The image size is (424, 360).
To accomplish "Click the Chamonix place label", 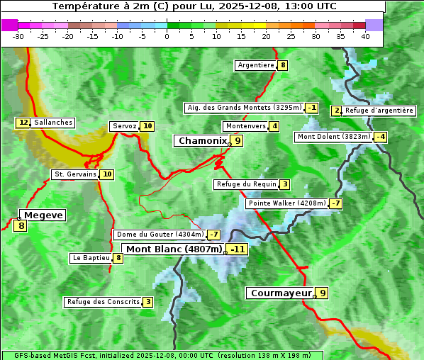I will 202,141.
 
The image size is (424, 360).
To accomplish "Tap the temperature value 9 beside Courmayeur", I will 323,293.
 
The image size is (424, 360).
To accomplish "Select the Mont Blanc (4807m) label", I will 174,249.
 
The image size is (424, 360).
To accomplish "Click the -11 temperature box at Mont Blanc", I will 238,249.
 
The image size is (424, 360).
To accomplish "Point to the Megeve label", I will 43,215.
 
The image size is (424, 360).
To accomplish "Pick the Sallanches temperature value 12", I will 23,123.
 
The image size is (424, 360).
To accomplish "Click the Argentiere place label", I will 256,65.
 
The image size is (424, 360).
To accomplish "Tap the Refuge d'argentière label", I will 379,111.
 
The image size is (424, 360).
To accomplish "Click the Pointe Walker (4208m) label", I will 286,203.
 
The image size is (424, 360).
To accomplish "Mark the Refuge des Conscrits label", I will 103,302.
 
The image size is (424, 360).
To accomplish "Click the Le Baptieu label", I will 91,258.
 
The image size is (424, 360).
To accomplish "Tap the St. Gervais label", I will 74,174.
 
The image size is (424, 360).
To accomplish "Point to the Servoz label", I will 124,126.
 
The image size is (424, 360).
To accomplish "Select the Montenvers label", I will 245,126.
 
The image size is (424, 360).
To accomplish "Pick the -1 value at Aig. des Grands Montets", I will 312,108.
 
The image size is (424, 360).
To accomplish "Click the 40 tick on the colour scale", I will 365,36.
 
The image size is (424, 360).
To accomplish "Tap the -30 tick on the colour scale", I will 18,36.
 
